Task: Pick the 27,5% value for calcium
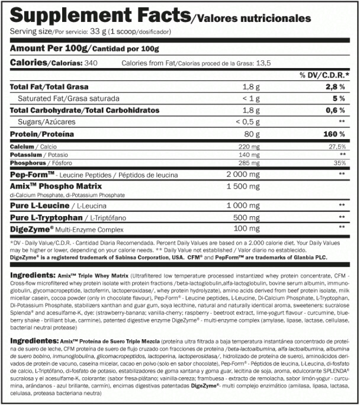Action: click(337, 145)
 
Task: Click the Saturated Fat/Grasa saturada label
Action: click(68, 98)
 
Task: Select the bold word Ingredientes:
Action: click(33, 343)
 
